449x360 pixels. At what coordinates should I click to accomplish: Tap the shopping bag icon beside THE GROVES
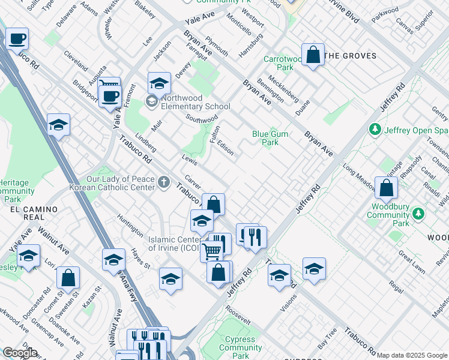pyautogui.click(x=313, y=55)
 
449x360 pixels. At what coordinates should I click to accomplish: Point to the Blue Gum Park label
pyautogui.click(x=265, y=138)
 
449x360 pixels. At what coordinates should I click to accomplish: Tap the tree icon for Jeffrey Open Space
pyautogui.click(x=375, y=129)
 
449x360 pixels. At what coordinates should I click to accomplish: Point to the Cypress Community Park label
pyautogui.click(x=240, y=347)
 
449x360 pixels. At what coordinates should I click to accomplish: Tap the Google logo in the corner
pyautogui.click(x=20, y=353)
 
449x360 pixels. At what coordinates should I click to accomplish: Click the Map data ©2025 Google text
pyautogui.click(x=412, y=355)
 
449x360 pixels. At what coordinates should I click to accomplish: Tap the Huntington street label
pyautogui.click(x=130, y=224)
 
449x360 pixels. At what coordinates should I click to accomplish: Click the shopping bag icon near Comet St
pyautogui.click(x=68, y=278)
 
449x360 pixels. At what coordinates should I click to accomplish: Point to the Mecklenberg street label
pyautogui.click(x=284, y=88)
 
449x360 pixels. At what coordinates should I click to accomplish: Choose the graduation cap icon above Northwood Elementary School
pyautogui.click(x=159, y=83)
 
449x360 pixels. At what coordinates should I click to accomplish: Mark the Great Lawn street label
pyautogui.click(x=411, y=265)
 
